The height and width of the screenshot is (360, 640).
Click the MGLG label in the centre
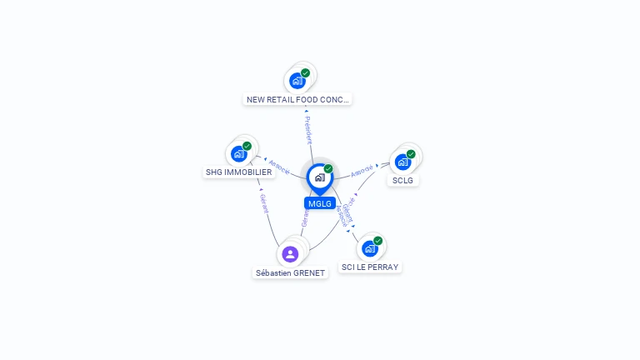[x=320, y=203]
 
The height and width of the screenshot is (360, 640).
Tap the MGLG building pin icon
[x=319, y=177]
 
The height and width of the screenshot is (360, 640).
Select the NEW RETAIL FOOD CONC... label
[x=298, y=99]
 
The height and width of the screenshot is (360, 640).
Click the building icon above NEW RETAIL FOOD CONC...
[x=297, y=81]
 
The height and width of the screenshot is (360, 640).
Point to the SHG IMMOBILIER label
[x=238, y=172]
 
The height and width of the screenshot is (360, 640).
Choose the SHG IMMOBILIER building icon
[x=239, y=154]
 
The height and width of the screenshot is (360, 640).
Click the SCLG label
[x=402, y=180]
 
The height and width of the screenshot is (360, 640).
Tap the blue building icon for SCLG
[x=402, y=162]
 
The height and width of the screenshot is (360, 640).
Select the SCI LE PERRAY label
[x=370, y=267]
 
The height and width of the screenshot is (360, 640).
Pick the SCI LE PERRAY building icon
[x=370, y=248]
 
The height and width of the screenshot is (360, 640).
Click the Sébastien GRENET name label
[x=290, y=272]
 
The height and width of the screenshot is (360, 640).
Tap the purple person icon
[x=290, y=254]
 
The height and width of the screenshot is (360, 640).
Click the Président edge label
[x=308, y=130]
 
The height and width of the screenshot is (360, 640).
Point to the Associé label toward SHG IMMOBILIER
[x=279, y=167]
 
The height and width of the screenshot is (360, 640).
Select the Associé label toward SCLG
[x=362, y=171]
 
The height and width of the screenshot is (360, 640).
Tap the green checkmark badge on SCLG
[x=411, y=154]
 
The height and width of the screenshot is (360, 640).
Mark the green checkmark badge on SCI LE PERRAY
[x=378, y=241]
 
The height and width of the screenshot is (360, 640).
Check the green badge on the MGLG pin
[x=328, y=169]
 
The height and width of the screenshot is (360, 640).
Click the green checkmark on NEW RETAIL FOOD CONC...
[x=305, y=73]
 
